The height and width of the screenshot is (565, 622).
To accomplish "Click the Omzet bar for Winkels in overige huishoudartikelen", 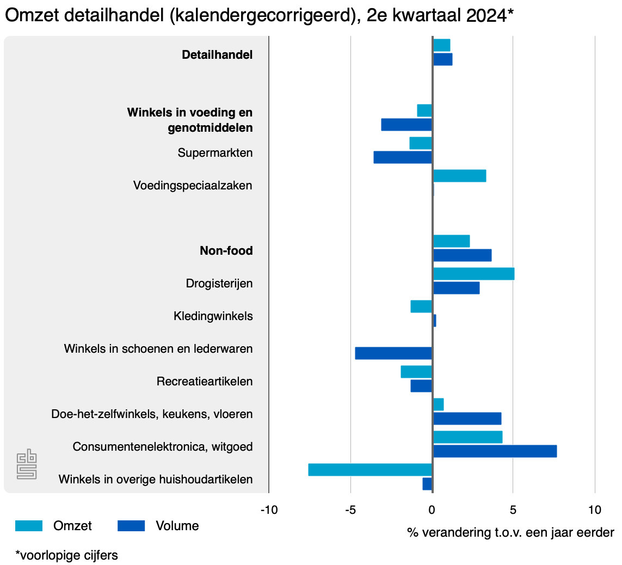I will pyautogui.click(x=370, y=470).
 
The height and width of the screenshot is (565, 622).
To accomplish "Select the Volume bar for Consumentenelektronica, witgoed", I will pyautogui.click(x=495, y=451).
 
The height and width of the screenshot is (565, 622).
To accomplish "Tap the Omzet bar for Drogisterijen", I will pyautogui.click(x=473, y=274).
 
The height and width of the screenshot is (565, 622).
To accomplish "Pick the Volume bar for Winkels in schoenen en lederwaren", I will pyautogui.click(x=393, y=353).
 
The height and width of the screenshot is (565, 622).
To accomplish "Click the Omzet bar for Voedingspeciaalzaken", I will pyautogui.click(x=459, y=176).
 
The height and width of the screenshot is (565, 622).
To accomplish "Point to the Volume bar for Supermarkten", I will pyautogui.click(x=403, y=157).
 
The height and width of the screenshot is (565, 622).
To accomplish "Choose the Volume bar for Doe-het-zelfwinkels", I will pyautogui.click(x=467, y=419).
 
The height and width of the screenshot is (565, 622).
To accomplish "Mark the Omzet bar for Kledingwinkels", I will pyautogui.click(x=421, y=306).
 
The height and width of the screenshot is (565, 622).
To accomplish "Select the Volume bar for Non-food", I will pyautogui.click(x=462, y=255).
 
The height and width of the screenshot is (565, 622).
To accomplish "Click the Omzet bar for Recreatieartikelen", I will pyautogui.click(x=416, y=372).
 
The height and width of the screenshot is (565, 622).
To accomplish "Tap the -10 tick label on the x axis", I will pyautogui.click(x=269, y=510).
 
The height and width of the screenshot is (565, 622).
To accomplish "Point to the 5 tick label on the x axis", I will pyautogui.click(x=513, y=510).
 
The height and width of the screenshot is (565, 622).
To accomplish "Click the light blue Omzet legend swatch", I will pyautogui.click(x=29, y=526).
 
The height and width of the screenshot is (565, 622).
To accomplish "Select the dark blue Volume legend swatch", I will pyautogui.click(x=131, y=526).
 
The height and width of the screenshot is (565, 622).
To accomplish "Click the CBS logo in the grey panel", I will pyautogui.click(x=26, y=464).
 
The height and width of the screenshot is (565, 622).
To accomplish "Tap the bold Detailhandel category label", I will pyautogui.click(x=217, y=55).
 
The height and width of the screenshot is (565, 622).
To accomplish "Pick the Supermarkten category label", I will pyautogui.click(x=215, y=153).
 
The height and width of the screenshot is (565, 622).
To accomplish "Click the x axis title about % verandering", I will pyautogui.click(x=510, y=532).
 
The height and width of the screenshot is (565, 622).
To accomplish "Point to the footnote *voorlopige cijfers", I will pyautogui.click(x=66, y=555).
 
